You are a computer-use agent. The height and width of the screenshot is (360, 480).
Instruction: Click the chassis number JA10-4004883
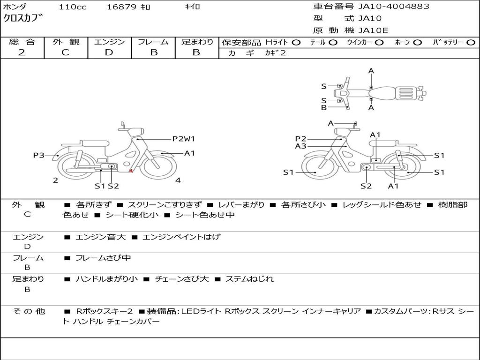tap(394, 6)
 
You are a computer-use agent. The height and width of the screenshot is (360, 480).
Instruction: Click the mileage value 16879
tap(121, 7)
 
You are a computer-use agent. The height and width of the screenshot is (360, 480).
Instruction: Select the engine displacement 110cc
tap(73, 7)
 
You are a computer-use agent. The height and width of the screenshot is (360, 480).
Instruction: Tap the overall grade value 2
tap(22, 52)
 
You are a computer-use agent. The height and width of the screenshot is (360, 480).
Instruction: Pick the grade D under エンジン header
tap(109, 52)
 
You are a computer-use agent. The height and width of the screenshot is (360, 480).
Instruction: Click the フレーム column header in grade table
tap(153, 42)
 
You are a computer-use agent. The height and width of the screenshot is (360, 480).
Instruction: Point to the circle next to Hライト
tap(296, 43)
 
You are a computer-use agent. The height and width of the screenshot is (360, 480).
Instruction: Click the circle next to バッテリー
tap(471, 43)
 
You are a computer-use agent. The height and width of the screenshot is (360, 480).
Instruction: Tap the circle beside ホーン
tap(418, 43)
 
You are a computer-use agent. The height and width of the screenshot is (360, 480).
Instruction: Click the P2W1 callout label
tap(184, 139)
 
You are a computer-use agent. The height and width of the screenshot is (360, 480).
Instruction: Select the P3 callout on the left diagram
tap(39, 155)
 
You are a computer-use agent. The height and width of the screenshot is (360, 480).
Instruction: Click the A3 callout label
tap(300, 146)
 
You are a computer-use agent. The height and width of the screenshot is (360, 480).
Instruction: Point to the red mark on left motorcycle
tap(131, 171)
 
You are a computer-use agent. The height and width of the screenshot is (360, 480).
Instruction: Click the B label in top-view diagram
tap(324, 107)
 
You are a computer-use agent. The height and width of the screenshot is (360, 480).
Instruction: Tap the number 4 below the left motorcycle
tap(178, 180)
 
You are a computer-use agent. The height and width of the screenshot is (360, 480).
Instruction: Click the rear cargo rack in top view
tap(406, 93)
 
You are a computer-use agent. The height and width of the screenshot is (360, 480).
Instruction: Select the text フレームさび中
tap(103, 258)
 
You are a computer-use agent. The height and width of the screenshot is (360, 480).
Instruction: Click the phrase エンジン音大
tap(100, 237)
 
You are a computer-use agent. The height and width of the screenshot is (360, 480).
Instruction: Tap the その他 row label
tap(29, 311)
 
